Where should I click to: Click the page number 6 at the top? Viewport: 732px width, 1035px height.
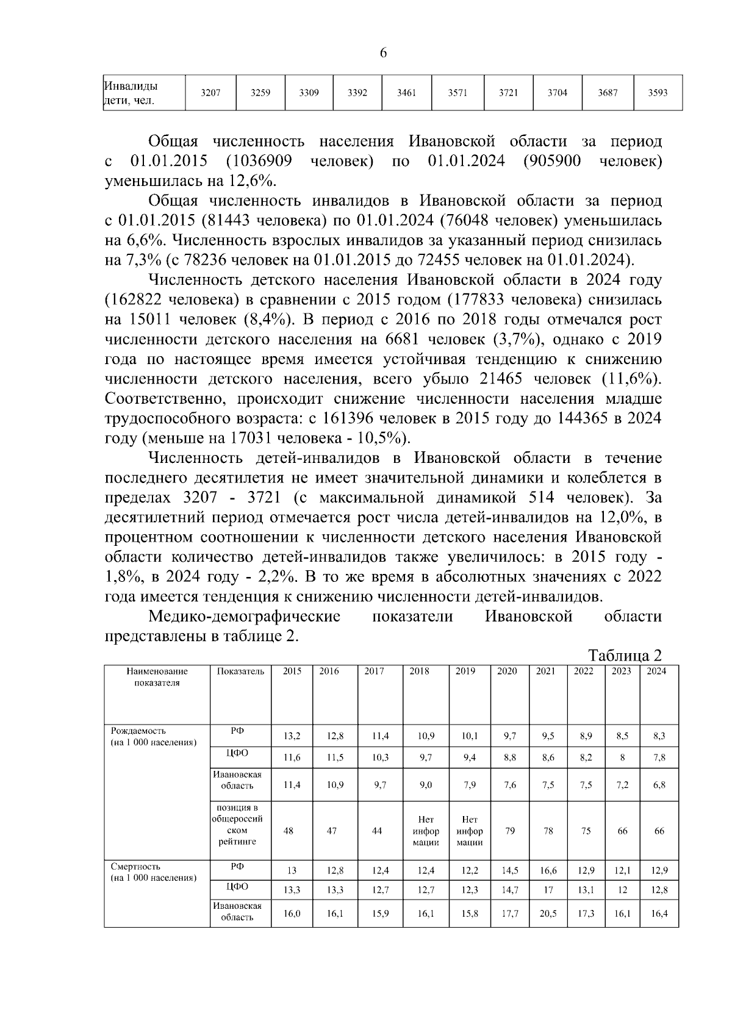pyautogui.click(x=383, y=53)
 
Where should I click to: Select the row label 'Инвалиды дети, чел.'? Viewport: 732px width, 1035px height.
pyautogui.click(x=130, y=93)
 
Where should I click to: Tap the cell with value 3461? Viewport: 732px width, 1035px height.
pyautogui.click(x=406, y=93)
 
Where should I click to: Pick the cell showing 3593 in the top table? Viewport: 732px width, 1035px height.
pyautogui.click(x=658, y=93)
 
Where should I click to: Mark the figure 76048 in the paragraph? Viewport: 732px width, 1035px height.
pyautogui.click(x=463, y=221)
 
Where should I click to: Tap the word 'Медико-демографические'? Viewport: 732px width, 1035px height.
pyautogui.click(x=244, y=617)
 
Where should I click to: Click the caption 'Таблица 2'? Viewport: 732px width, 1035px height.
pyautogui.click(x=625, y=656)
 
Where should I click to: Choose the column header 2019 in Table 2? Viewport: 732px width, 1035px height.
pyautogui.click(x=465, y=671)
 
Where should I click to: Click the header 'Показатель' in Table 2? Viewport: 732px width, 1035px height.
pyautogui.click(x=240, y=671)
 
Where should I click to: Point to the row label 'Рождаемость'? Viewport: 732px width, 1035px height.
pyautogui.click(x=138, y=731)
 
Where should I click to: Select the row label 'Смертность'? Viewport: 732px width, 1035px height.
pyautogui.click(x=135, y=867)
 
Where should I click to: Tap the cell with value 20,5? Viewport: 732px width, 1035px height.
pyautogui.click(x=548, y=914)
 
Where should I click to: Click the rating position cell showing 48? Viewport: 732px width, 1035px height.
pyautogui.click(x=289, y=831)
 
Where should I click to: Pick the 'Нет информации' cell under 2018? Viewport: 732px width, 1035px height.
pyautogui.click(x=425, y=831)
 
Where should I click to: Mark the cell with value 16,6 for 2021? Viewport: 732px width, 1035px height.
pyautogui.click(x=548, y=871)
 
